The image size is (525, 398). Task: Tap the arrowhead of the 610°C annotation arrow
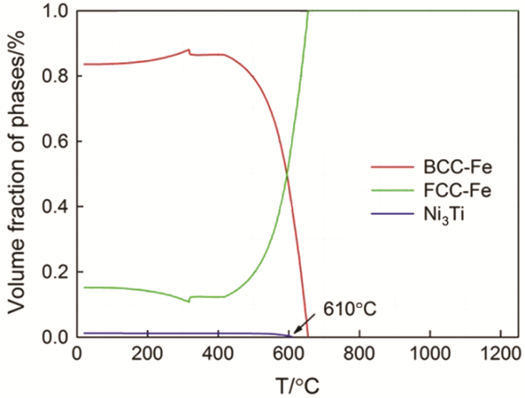[295, 332]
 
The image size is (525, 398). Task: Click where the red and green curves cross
[286, 175]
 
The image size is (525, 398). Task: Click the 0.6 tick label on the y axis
[55, 142]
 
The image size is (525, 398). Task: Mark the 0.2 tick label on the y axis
[55, 272]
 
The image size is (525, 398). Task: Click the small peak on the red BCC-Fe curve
[187, 50]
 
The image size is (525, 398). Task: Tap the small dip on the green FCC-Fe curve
[187, 301]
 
